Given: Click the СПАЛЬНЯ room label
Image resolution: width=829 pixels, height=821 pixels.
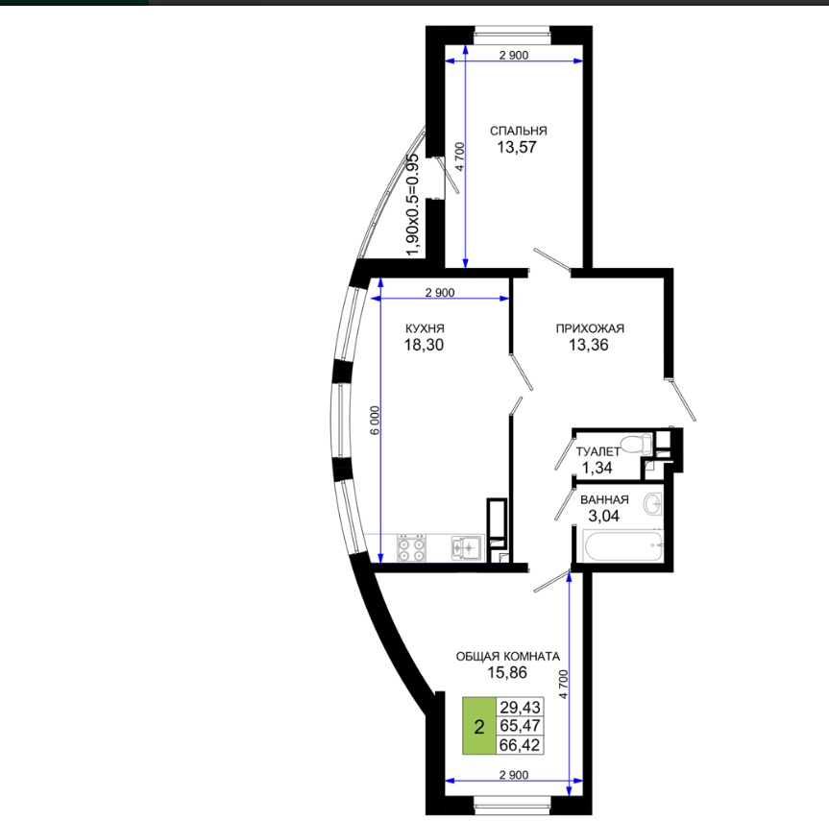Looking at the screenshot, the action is tap(518, 131).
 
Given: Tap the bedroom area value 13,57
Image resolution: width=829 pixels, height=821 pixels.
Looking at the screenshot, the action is tap(517, 147).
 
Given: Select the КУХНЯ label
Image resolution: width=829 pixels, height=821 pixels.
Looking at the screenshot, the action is tap(425, 328).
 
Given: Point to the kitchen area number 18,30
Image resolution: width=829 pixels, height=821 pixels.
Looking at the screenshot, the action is tap(424, 345).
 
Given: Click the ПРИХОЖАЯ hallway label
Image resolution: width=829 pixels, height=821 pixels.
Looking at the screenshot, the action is tap(590, 328).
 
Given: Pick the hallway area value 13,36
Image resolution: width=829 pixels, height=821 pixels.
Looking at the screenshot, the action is tap(589, 345).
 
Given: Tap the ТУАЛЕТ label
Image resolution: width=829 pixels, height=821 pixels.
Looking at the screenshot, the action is tap(597, 451).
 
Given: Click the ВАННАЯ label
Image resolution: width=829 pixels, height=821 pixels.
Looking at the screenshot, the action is tap(604, 499).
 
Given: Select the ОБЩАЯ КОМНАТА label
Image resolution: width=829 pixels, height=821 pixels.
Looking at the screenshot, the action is tap(507, 657).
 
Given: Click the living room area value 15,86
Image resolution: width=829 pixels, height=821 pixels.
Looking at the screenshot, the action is tap(507, 672).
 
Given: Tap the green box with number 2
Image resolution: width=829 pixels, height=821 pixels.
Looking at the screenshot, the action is tap(479, 725).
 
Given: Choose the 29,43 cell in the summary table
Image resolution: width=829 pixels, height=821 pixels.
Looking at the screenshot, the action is tap(521, 707).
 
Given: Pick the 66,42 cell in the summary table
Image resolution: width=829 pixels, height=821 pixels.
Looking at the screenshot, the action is tap(521, 745).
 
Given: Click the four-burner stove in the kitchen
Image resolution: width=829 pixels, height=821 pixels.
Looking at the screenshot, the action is tap(411, 548).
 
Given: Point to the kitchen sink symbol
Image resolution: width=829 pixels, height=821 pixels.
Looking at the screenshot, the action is tap(466, 547).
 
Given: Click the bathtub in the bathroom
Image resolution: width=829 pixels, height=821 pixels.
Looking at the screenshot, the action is tap(622, 545).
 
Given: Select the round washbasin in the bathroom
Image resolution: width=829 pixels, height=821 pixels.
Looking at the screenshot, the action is tap(653, 504).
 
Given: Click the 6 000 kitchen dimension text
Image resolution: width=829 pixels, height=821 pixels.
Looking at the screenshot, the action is tap(375, 421).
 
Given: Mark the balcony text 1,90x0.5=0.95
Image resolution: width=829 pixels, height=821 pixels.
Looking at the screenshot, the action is tap(412, 205).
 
